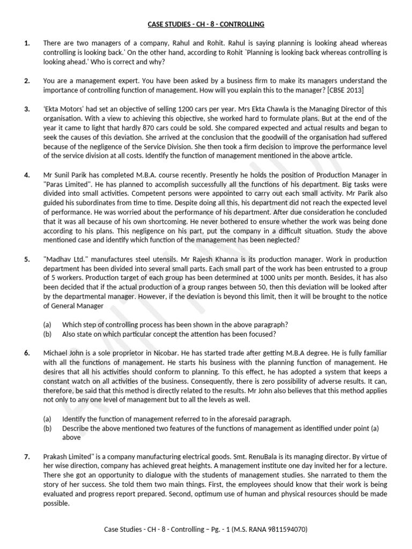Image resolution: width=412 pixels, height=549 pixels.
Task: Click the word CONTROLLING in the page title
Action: tap(240, 25)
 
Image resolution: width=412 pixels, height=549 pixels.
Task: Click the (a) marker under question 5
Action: tap(48, 324)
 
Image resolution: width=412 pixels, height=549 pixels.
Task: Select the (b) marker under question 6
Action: tap(48, 428)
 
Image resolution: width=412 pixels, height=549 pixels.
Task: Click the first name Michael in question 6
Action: tap(57, 353)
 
